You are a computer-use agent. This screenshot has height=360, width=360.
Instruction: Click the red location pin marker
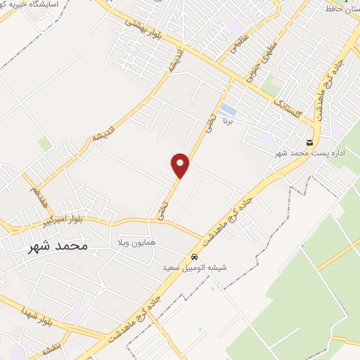(181, 165)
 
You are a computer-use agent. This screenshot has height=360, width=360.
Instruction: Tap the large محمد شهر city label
(58, 246)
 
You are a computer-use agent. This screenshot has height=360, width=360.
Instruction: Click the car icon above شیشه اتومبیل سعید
(193, 257)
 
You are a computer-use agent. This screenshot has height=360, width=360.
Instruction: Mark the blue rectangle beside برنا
(228, 110)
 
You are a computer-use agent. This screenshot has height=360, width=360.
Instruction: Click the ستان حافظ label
(340, 10)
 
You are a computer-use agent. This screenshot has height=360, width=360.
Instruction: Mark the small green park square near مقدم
(45, 144)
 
